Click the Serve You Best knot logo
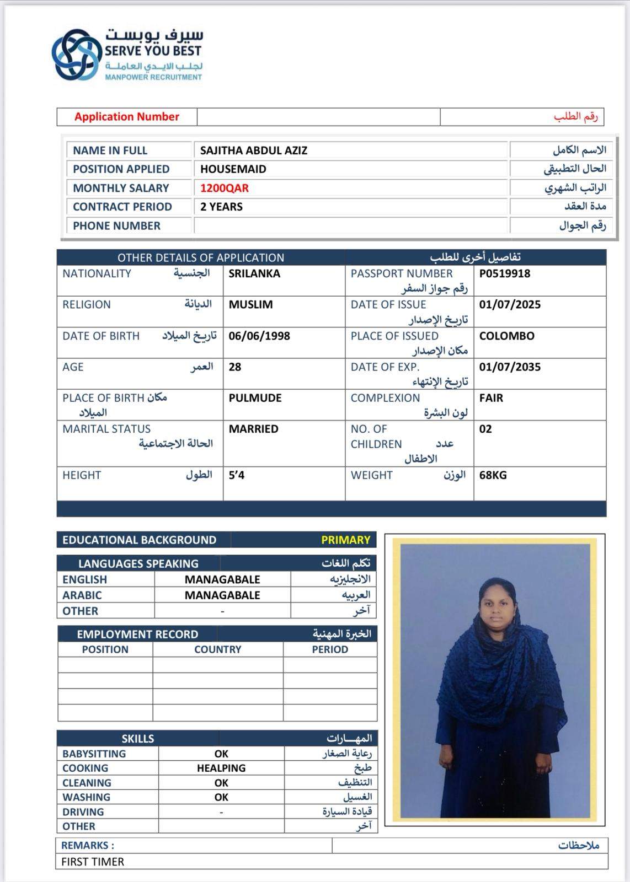(77, 55)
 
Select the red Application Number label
(127, 117)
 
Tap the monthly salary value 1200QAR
(224, 188)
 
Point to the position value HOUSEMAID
(233, 169)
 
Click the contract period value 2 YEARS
(221, 207)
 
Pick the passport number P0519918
(504, 273)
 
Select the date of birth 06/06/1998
(259, 336)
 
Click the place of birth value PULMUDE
(255, 398)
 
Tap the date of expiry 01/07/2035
(509, 367)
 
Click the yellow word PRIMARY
(345, 540)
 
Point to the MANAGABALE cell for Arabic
(222, 595)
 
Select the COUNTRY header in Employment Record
(217, 649)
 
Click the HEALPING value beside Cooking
(221, 768)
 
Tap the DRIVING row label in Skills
(83, 812)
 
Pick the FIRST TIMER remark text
(93, 862)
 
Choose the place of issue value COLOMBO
(506, 336)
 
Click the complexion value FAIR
(491, 398)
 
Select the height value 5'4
(237, 475)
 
